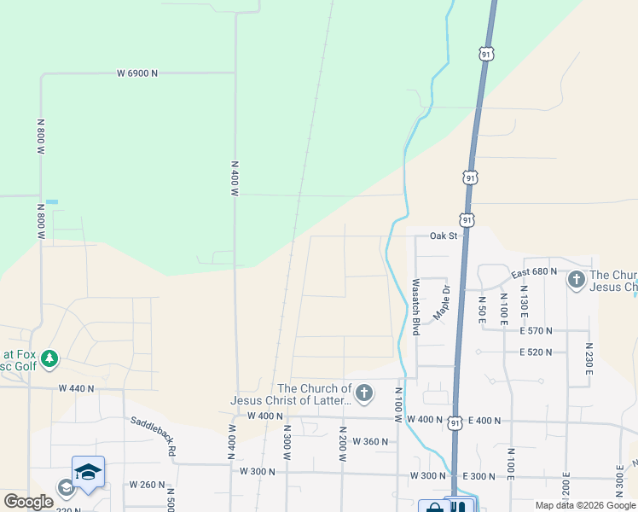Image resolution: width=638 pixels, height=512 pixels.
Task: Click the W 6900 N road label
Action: [137, 73]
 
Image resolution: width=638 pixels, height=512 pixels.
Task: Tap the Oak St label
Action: [444, 236]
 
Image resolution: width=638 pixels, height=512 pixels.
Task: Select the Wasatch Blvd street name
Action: [415, 306]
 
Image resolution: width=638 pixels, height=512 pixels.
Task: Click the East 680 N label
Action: [534, 271]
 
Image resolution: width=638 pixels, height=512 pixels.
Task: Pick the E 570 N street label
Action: [536, 330]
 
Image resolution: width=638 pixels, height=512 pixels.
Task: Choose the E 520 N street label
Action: [536, 352]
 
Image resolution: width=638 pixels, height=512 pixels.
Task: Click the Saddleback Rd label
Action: [154, 434]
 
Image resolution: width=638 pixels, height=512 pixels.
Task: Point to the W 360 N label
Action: [370, 441]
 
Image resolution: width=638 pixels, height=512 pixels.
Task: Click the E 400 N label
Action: [484, 421]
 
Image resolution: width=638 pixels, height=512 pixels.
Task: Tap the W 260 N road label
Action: [147, 485]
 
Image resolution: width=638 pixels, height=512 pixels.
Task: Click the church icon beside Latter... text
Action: [364, 393]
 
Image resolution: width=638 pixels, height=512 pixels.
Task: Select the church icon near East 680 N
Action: [576, 278]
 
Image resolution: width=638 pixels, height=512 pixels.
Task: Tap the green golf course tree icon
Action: [49, 358]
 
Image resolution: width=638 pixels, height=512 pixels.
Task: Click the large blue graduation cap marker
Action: [88, 472]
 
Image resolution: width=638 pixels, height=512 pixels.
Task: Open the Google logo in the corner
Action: [28, 502]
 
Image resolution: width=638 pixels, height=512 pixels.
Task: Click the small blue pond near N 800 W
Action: [52, 201]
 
